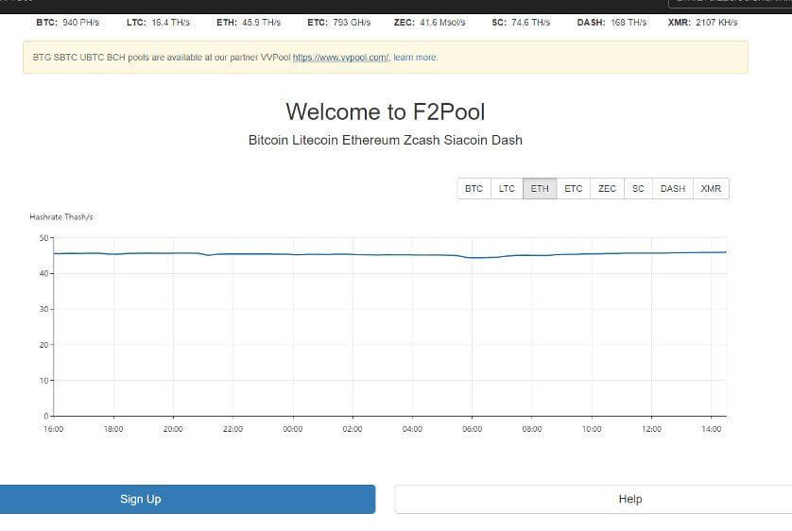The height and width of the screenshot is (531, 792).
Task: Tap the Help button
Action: pos(594,499)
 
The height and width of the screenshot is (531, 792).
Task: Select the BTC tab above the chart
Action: pos(473,189)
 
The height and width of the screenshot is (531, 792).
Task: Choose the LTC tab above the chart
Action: pos(507,189)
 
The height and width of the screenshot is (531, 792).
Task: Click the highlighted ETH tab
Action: pos(540,189)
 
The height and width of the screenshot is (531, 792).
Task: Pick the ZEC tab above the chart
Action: pos(607,189)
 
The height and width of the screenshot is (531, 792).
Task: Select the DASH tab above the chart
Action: pos(673,189)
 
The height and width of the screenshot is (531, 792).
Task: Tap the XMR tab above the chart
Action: pos(711,189)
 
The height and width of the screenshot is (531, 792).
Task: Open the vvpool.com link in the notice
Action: pos(341,58)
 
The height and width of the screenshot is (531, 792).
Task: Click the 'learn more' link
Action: pos(415,58)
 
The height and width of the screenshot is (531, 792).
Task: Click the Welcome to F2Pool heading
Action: pos(386,112)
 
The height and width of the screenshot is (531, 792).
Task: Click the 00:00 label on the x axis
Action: pos(292,429)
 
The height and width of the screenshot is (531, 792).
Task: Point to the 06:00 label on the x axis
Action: pos(472,429)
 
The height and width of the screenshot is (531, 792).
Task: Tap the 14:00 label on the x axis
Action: pos(711,429)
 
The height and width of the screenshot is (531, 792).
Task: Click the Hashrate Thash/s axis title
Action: pos(61,217)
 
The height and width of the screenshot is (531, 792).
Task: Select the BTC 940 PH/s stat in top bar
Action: pos(68,23)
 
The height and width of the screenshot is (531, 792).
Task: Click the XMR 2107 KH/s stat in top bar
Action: pos(702,23)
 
